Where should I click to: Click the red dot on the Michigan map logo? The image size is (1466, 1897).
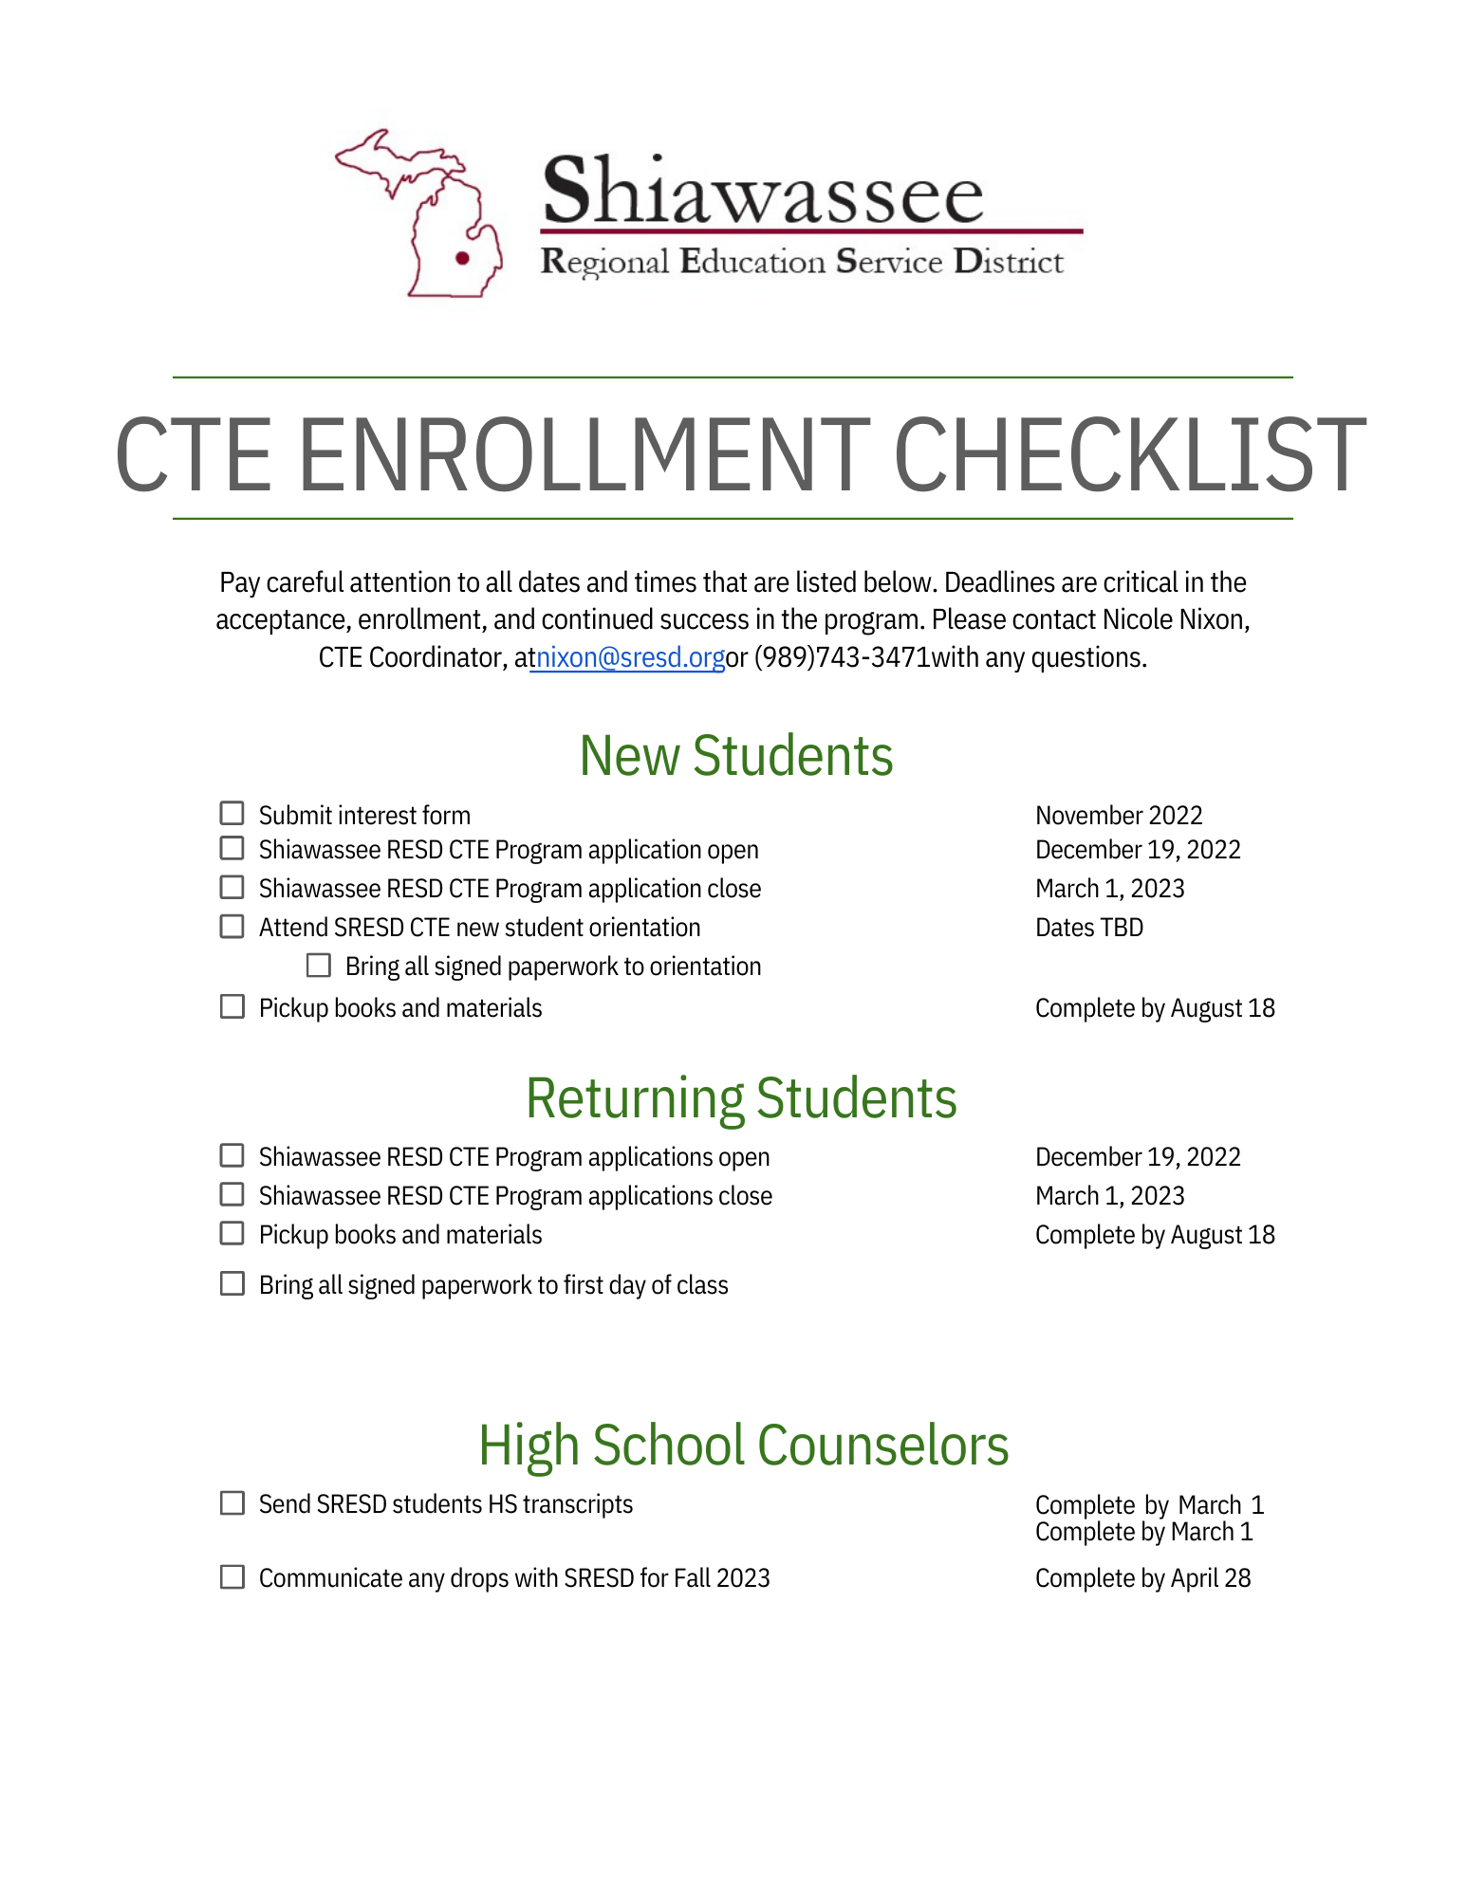pyautogui.click(x=463, y=257)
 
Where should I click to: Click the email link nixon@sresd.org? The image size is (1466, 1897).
pyautogui.click(x=630, y=657)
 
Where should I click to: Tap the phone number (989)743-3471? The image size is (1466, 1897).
pyautogui.click(x=842, y=657)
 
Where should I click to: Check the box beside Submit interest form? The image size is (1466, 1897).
pyautogui.click(x=232, y=814)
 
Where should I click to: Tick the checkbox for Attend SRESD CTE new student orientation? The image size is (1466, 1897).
pyautogui.click(x=232, y=927)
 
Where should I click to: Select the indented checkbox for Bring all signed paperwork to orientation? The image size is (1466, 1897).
pyautogui.click(x=319, y=966)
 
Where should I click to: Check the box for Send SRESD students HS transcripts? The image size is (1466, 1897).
pyautogui.click(x=232, y=1503)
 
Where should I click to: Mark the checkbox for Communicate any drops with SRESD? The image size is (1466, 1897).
pyautogui.click(x=232, y=1577)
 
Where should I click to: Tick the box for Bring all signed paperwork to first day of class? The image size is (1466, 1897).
pyautogui.click(x=232, y=1284)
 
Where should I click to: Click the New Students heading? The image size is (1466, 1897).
pyautogui.click(x=736, y=756)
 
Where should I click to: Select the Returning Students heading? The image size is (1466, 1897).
pyautogui.click(x=741, y=1098)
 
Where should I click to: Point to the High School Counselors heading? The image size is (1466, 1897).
pyautogui.click(x=743, y=1446)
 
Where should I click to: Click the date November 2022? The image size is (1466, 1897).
pyautogui.click(x=1119, y=816)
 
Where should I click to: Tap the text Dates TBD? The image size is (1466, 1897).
pyautogui.click(x=1089, y=928)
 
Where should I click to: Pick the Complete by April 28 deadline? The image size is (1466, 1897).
pyautogui.click(x=1142, y=1578)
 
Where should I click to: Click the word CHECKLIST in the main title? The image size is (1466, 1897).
pyautogui.click(x=1129, y=456)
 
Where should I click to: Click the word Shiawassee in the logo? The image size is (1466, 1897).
pyautogui.click(x=763, y=193)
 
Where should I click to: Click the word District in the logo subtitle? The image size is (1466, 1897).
pyautogui.click(x=1009, y=262)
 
